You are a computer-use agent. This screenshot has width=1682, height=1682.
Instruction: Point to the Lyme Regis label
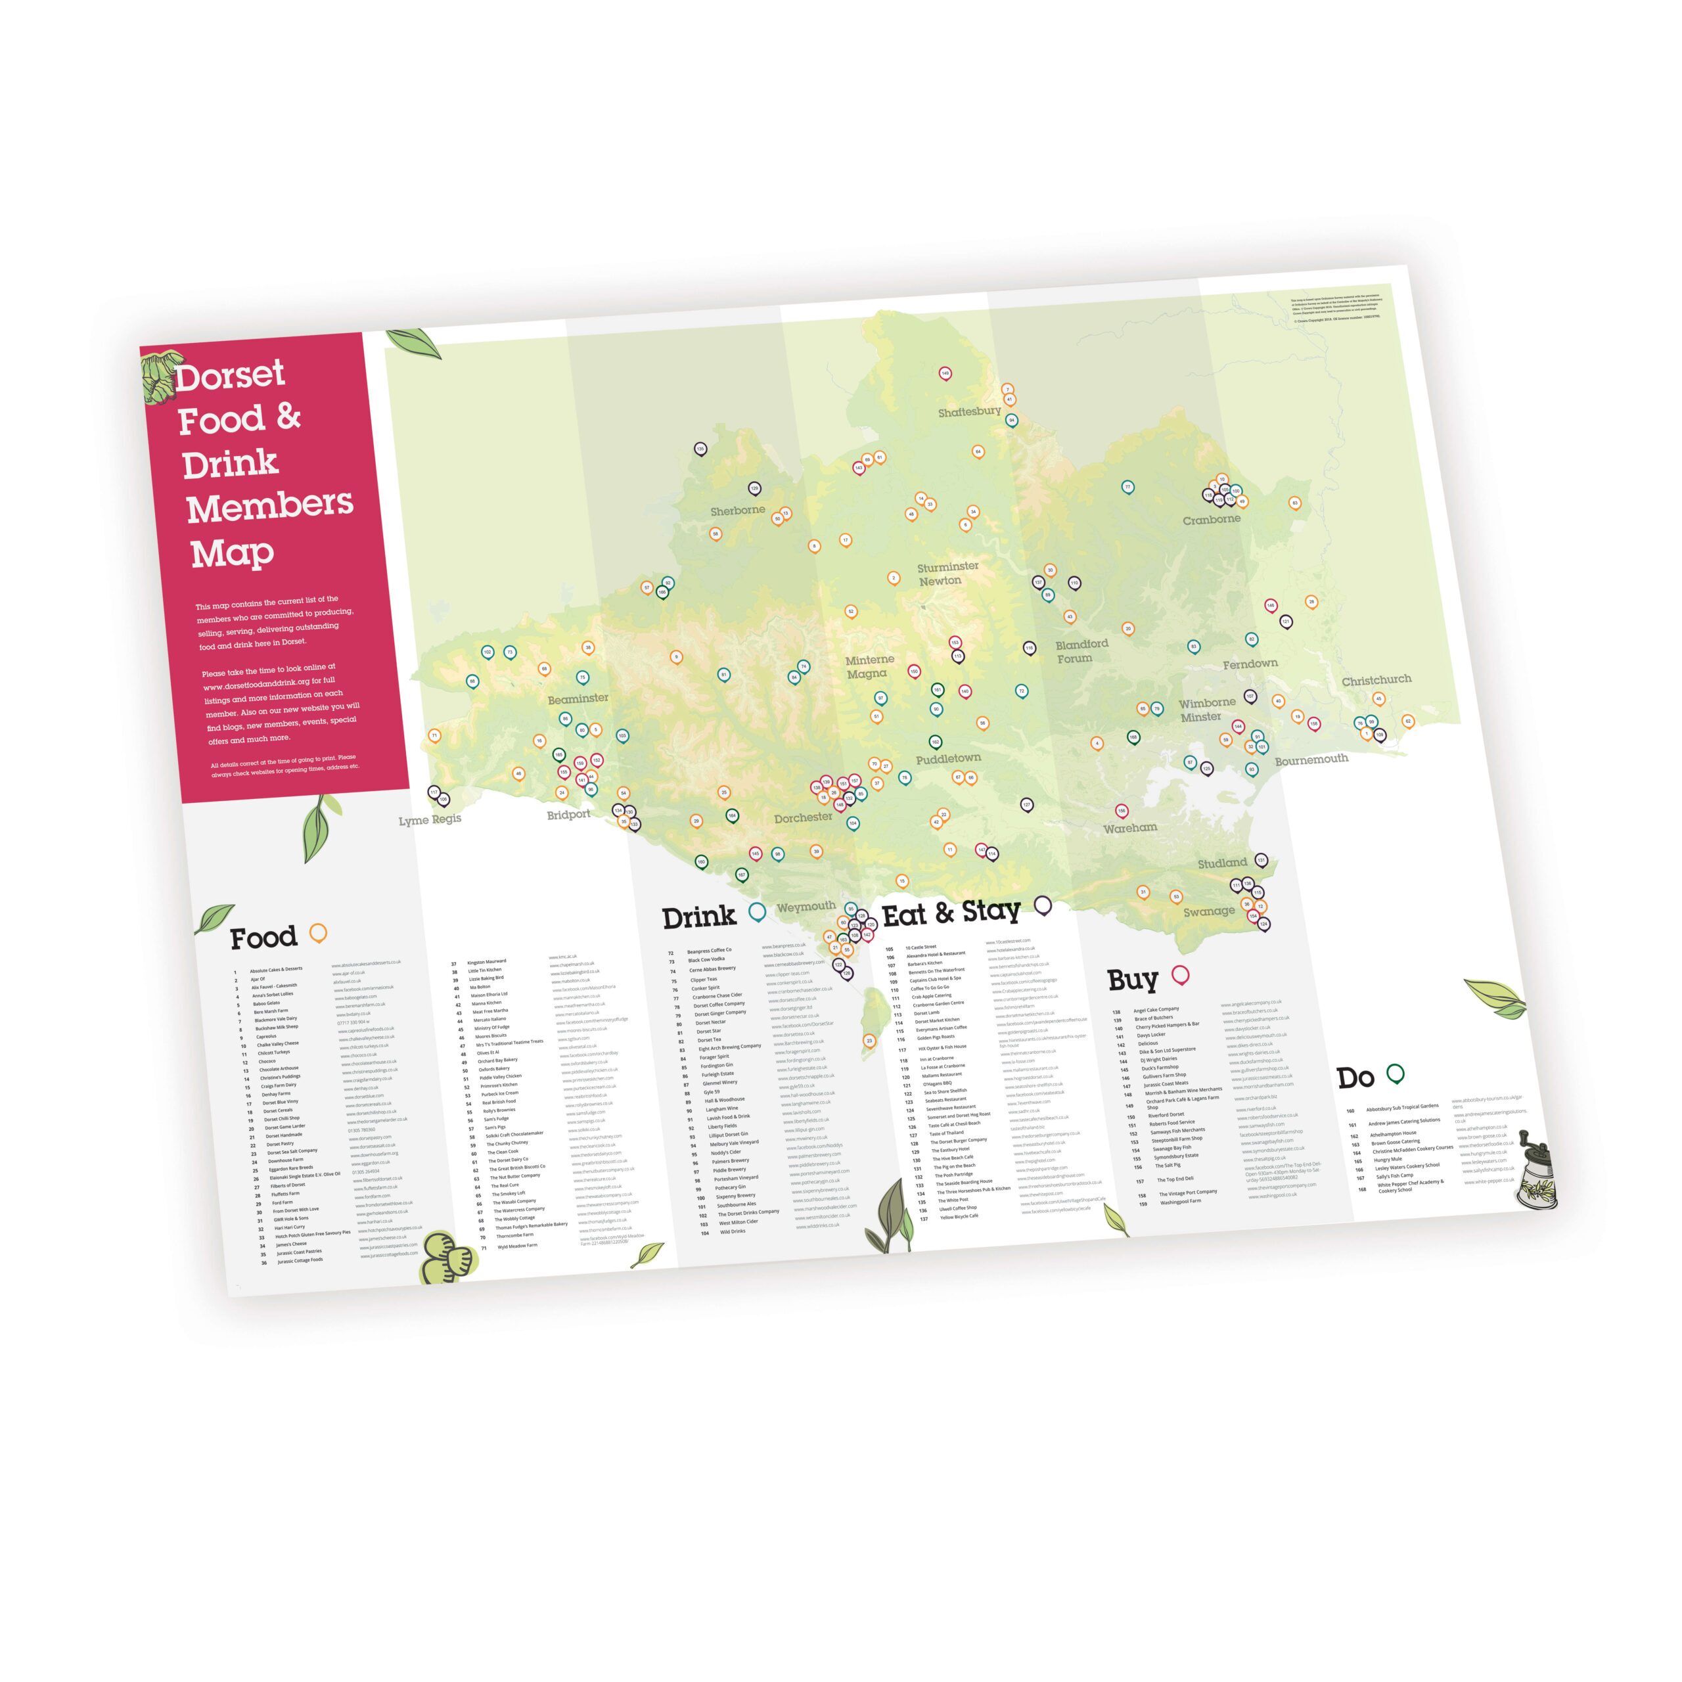(430, 820)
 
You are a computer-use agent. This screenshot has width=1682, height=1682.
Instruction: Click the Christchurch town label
(1376, 680)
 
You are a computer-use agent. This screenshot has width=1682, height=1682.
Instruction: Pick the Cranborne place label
(1211, 520)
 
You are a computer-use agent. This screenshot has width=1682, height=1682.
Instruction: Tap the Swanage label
(1208, 911)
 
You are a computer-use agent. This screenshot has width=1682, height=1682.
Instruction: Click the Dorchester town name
(804, 817)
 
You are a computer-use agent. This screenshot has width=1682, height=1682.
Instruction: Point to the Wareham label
(1130, 828)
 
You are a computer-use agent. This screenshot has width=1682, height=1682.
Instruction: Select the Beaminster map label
(578, 698)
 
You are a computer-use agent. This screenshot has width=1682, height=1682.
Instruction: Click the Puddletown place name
(948, 759)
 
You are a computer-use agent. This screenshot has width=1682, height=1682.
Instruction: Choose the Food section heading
(263, 938)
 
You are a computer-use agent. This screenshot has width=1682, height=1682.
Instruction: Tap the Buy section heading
(1133, 980)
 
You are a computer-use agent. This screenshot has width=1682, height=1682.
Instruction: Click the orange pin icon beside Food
(319, 933)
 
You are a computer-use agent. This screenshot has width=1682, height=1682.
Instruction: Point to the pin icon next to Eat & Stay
(1042, 906)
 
